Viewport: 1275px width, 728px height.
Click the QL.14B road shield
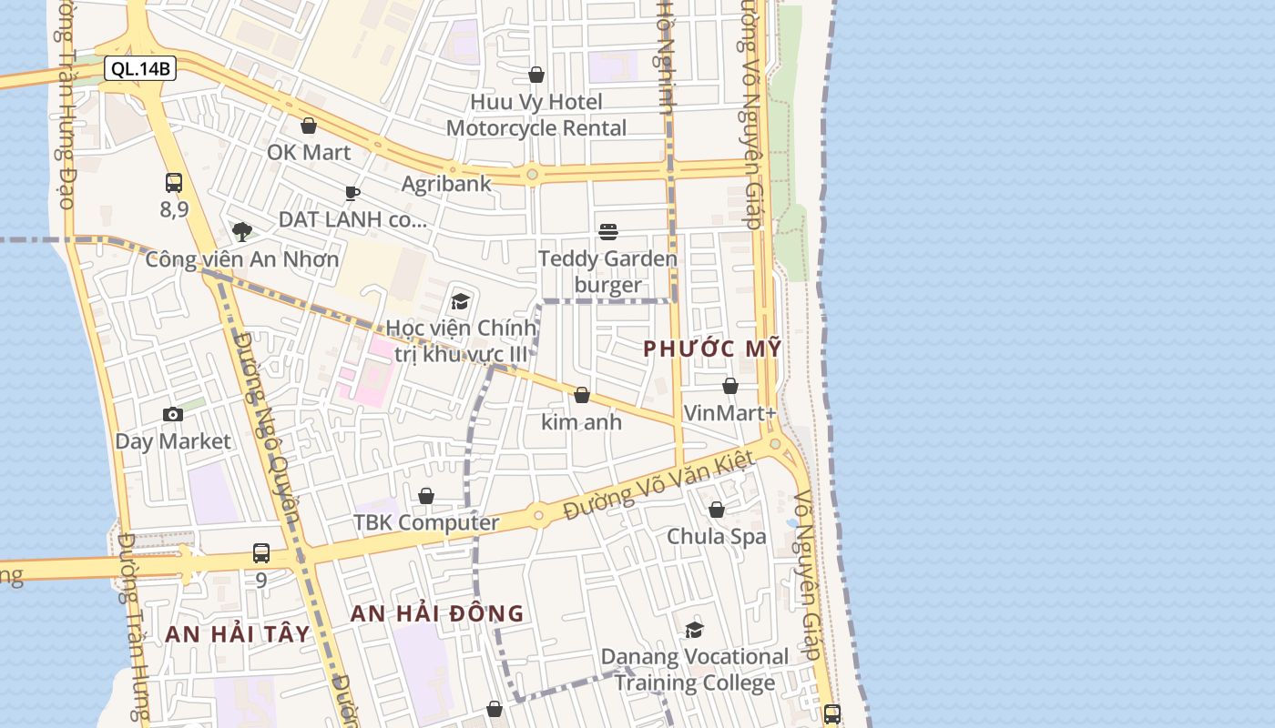(139, 68)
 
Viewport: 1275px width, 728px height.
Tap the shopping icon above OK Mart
(309, 126)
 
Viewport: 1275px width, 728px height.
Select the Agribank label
(446, 183)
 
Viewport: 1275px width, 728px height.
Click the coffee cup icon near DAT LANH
(352, 193)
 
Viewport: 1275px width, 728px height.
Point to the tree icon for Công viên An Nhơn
(241, 231)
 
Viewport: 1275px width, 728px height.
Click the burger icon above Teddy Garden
(608, 232)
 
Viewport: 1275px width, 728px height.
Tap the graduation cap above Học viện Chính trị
(461, 301)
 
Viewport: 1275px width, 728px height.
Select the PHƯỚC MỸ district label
(712, 348)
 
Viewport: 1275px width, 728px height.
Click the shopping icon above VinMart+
(730, 386)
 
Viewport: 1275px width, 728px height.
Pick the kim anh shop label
(581, 421)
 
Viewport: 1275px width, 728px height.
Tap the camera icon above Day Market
(173, 415)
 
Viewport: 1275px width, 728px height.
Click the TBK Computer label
(426, 522)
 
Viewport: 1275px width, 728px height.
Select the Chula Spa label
(717, 536)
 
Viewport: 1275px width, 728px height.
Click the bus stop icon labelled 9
(261, 553)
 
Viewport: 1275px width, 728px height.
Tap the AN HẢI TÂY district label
(238, 633)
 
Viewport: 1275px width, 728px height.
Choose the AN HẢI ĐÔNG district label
(437, 613)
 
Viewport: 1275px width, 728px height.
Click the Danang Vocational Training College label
(695, 669)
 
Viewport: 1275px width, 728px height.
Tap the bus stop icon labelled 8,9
(174, 183)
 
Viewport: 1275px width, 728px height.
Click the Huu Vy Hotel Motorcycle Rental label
(536, 115)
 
